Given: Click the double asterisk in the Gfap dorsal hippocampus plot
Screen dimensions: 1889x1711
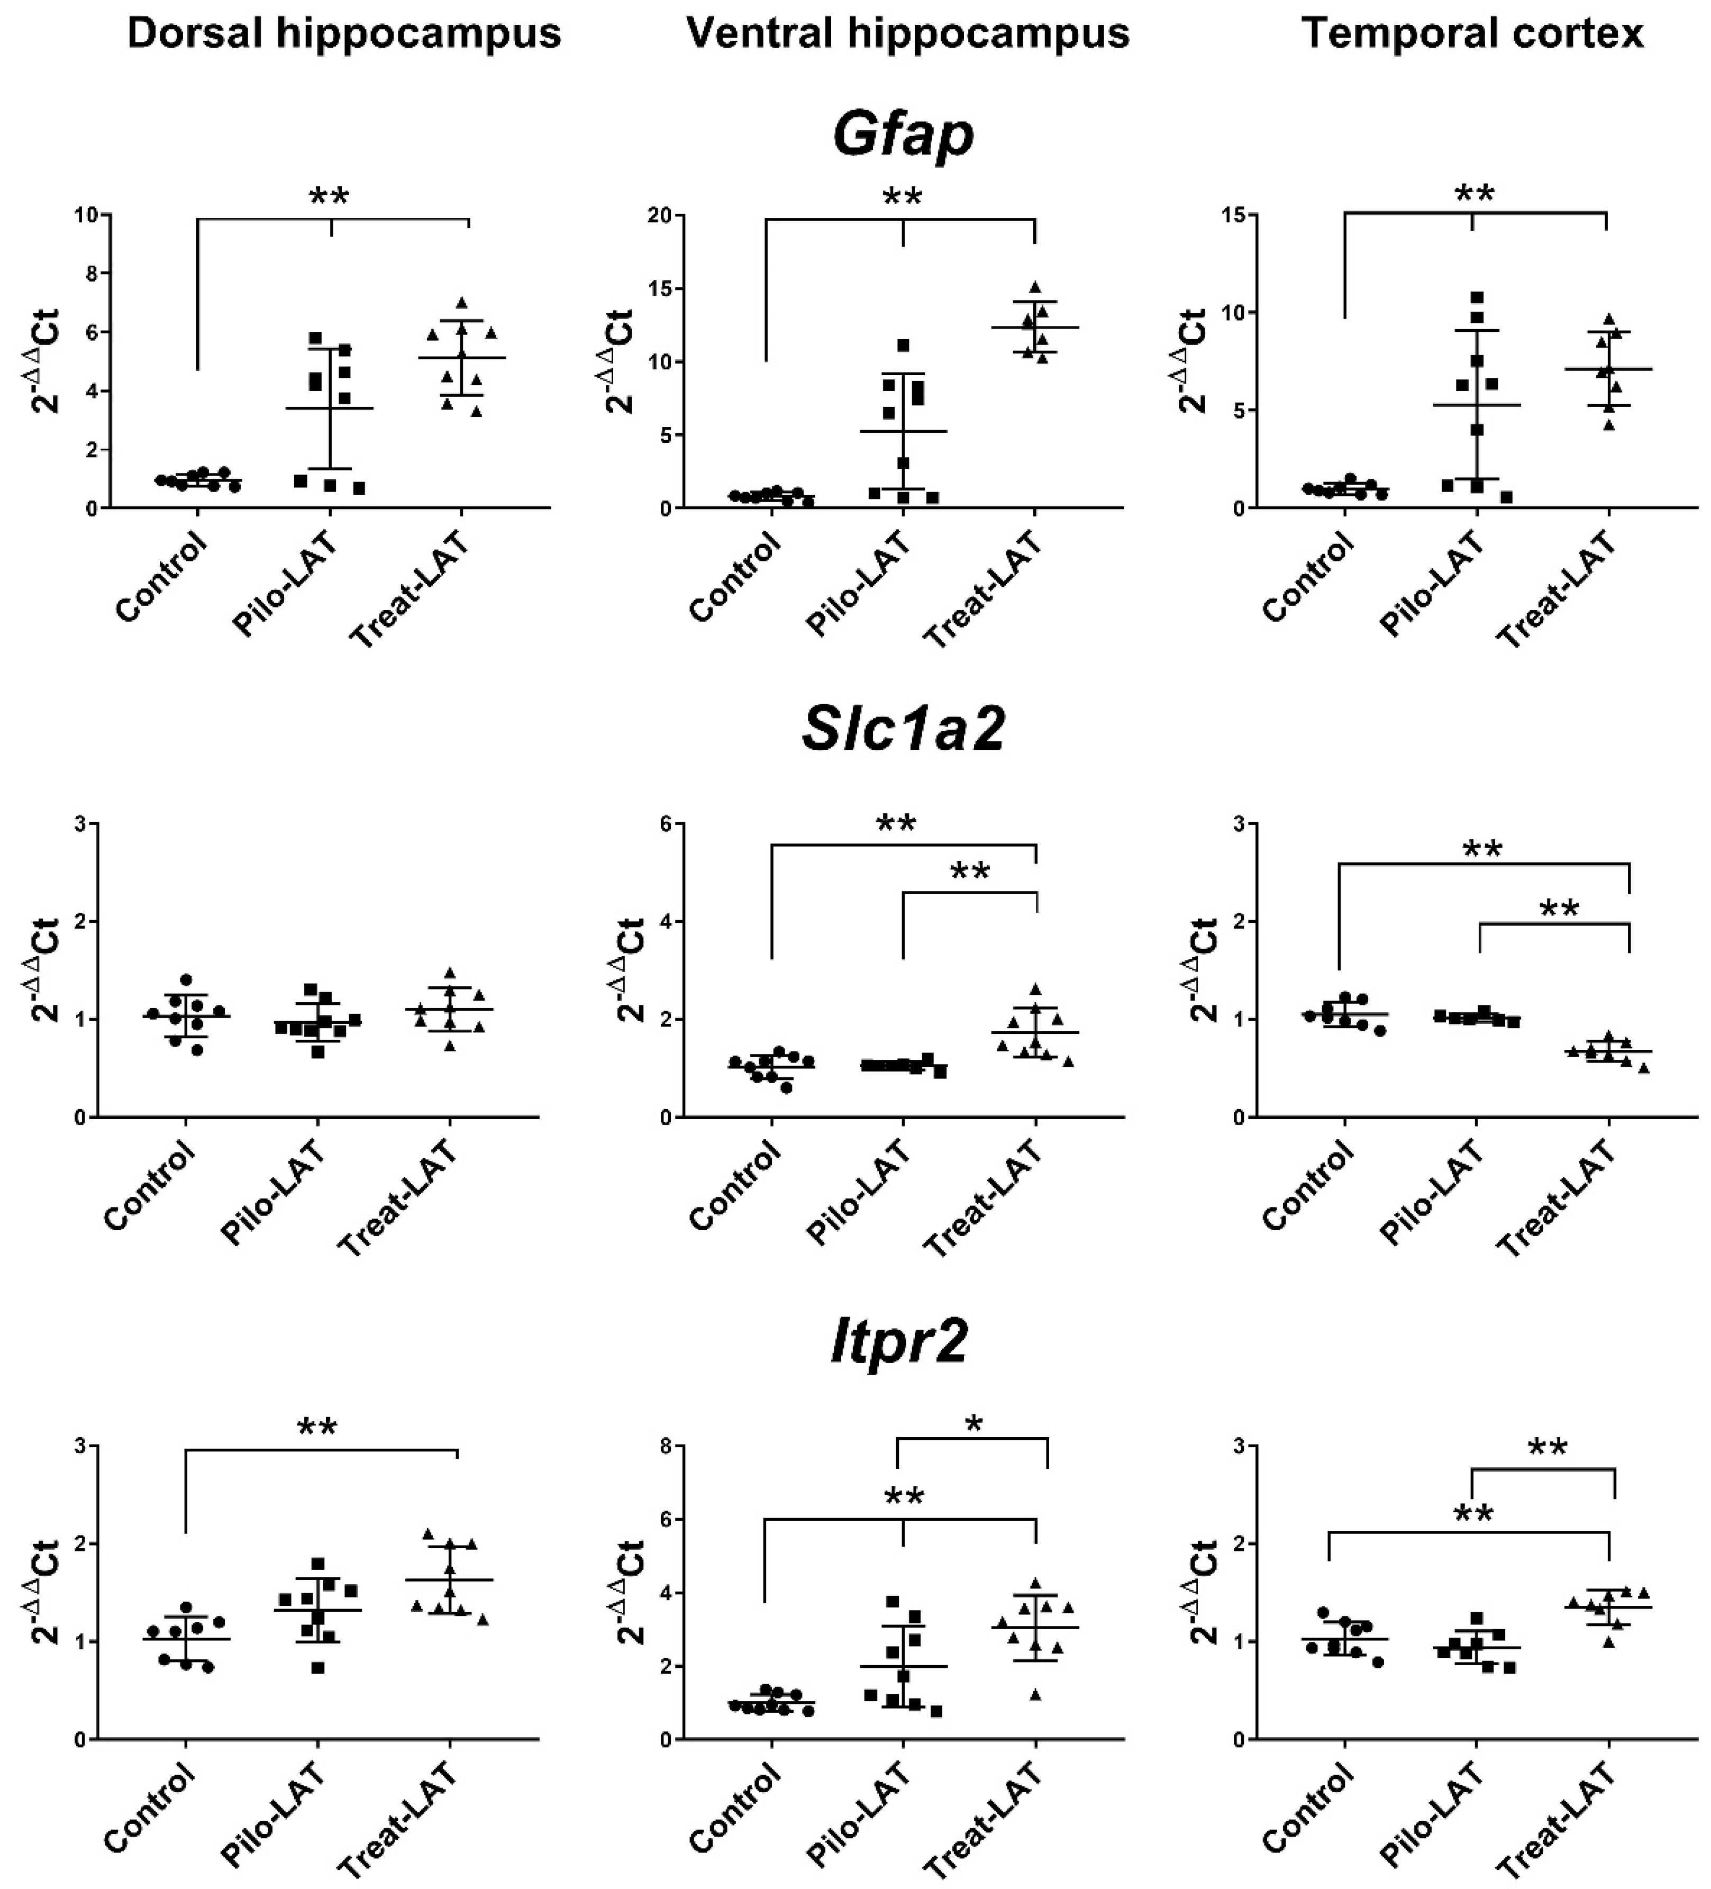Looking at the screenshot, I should pos(329,198).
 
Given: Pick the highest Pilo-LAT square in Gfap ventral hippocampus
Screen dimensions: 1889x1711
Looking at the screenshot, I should pos(903,346).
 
